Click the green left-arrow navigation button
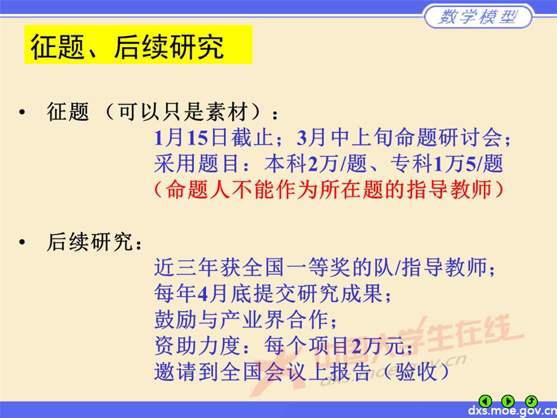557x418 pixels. tap(486, 401)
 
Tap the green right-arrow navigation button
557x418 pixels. tap(507, 401)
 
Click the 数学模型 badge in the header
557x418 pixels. tap(478, 17)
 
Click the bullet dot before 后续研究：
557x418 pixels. tap(23, 242)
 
